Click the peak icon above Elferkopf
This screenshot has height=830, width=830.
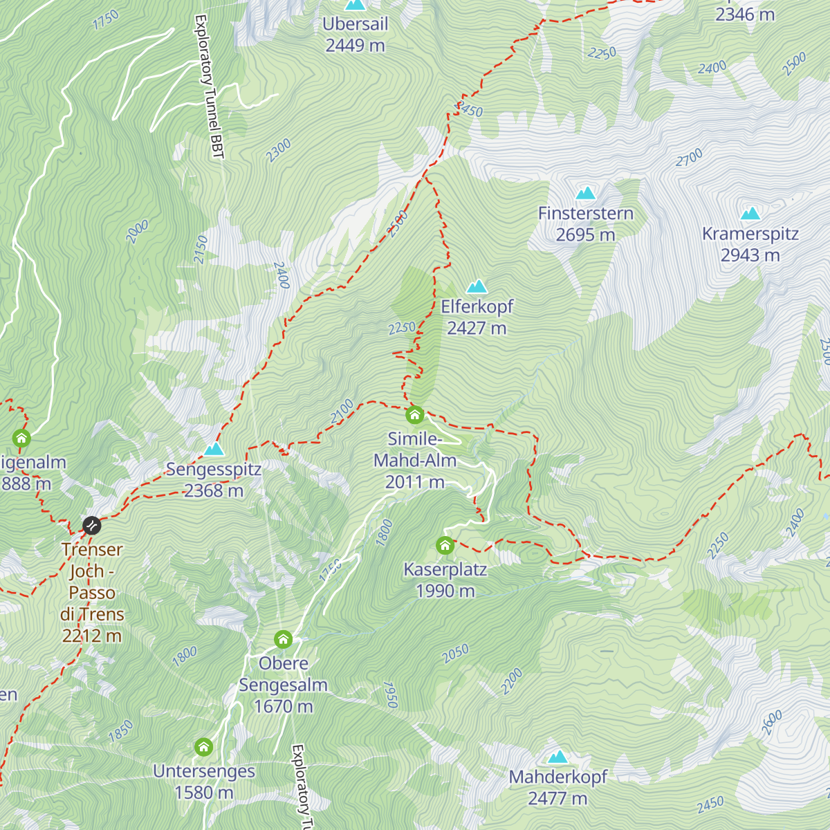pyautogui.click(x=476, y=286)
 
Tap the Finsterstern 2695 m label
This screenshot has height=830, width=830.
pyautogui.click(x=586, y=224)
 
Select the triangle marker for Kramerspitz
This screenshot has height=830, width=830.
pyautogui.click(x=750, y=214)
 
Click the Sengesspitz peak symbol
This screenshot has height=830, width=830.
pyautogui.click(x=214, y=450)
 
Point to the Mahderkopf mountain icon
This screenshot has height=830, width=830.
pyautogui.click(x=557, y=757)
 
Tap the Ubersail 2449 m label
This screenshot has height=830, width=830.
pyautogui.click(x=355, y=35)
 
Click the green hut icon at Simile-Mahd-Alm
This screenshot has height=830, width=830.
pyautogui.click(x=414, y=415)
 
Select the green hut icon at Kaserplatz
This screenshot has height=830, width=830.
pyautogui.click(x=445, y=546)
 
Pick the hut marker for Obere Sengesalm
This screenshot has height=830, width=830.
pyautogui.click(x=283, y=638)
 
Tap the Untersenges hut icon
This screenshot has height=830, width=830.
pyautogui.click(x=203, y=747)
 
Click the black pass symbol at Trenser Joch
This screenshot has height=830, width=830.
pyautogui.click(x=92, y=526)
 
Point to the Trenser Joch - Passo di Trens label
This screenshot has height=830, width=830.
pyautogui.click(x=92, y=592)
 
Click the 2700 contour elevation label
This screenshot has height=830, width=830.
pyautogui.click(x=690, y=158)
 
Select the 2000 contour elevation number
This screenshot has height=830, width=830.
pyautogui.click(x=137, y=232)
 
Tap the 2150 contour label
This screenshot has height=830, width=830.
pyautogui.click(x=201, y=249)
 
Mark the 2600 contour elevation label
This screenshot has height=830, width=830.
pyautogui.click(x=772, y=723)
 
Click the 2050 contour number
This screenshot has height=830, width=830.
pyautogui.click(x=456, y=654)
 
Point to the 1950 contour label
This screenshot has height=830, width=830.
pyautogui.click(x=390, y=694)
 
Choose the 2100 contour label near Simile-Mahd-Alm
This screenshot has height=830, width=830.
pyautogui.click(x=342, y=411)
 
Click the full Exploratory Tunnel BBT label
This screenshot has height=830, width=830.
pyautogui.click(x=210, y=86)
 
